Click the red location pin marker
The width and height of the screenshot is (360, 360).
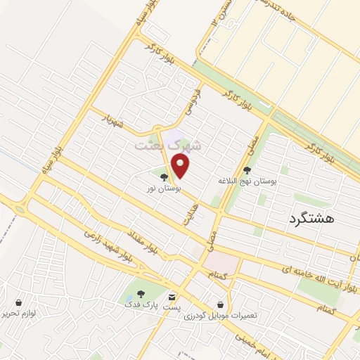pos(181,166)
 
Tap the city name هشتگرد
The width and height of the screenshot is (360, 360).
pos(311,219)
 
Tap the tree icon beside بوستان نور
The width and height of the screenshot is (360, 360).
pos(164,177)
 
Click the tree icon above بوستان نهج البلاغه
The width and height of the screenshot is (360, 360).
pos(246,169)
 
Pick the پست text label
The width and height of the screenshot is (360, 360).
pos(171,309)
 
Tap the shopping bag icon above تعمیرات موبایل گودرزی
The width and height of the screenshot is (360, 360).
pos(221,304)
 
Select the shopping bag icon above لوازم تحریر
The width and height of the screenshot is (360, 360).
pos(18,302)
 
